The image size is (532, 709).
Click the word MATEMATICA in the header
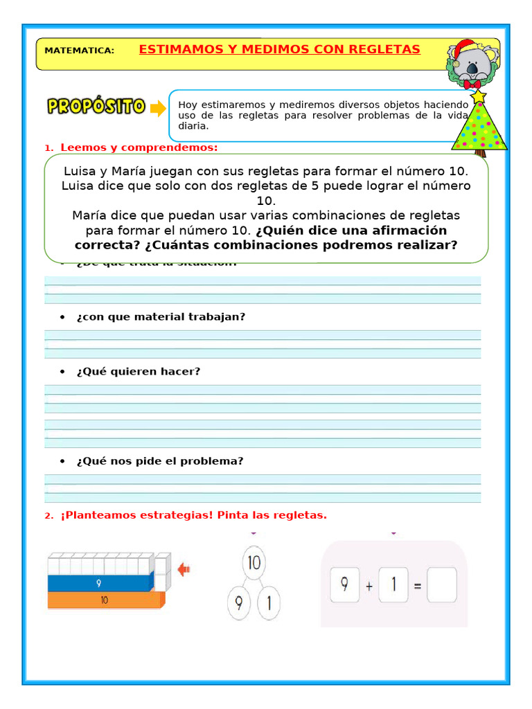click(x=79, y=51)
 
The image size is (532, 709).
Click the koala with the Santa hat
click(x=473, y=66)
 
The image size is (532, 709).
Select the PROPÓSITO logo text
click(x=96, y=107)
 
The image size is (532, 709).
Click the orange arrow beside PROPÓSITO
click(x=159, y=108)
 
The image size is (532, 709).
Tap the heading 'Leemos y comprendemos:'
click(x=139, y=147)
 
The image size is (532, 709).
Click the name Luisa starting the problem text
click(x=81, y=171)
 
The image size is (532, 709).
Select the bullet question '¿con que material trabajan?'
click(x=161, y=316)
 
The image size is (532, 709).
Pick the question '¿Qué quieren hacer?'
click(x=139, y=371)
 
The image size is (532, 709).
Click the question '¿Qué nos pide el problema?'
click(x=160, y=461)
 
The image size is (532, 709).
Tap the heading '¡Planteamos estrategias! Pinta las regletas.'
click(x=193, y=515)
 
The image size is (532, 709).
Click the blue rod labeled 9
click(x=99, y=584)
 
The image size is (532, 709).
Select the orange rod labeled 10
click(x=104, y=600)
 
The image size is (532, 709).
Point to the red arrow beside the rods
click(x=184, y=570)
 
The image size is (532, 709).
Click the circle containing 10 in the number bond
click(x=254, y=563)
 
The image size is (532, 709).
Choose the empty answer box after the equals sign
click(x=443, y=586)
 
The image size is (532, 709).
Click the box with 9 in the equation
click(x=344, y=584)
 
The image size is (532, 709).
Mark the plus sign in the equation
click(x=369, y=586)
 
